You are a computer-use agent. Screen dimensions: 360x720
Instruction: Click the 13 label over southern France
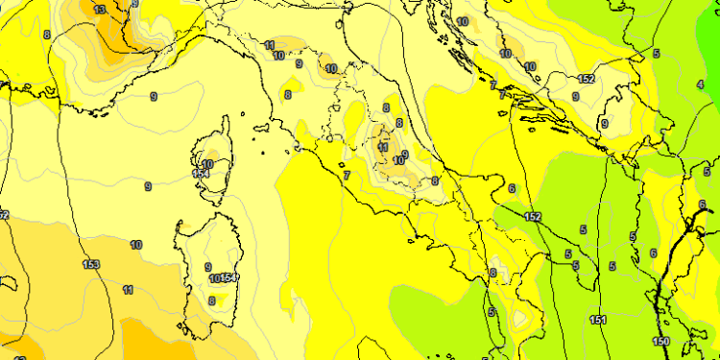[x=100, y=10]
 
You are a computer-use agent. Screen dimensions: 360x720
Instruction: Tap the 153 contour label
[x=91, y=264]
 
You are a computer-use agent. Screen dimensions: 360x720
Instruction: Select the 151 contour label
[x=596, y=320]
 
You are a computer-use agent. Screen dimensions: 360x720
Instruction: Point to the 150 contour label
[x=661, y=342]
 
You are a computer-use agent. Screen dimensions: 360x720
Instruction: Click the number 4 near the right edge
[x=699, y=84]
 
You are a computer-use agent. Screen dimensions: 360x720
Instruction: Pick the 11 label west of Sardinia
[x=128, y=289]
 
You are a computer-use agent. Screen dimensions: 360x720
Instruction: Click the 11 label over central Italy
[x=383, y=147]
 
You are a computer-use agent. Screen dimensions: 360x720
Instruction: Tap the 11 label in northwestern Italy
[x=269, y=45]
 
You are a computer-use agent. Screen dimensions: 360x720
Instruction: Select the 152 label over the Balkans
[x=587, y=79]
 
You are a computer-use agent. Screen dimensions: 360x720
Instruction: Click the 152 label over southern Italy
[x=533, y=217]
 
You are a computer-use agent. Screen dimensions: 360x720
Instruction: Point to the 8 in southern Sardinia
[x=211, y=300]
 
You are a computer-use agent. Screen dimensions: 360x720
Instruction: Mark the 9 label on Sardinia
[x=208, y=267]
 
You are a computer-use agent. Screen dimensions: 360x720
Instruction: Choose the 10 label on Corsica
[x=207, y=164]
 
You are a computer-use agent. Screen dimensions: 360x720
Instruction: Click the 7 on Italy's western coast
[x=346, y=175]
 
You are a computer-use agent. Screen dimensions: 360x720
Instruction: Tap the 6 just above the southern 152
[x=513, y=189]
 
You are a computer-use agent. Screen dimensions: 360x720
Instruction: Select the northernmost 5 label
[x=657, y=54]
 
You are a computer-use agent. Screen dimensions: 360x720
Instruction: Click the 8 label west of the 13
[x=47, y=35]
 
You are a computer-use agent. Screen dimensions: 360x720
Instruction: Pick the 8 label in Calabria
[x=493, y=273]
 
